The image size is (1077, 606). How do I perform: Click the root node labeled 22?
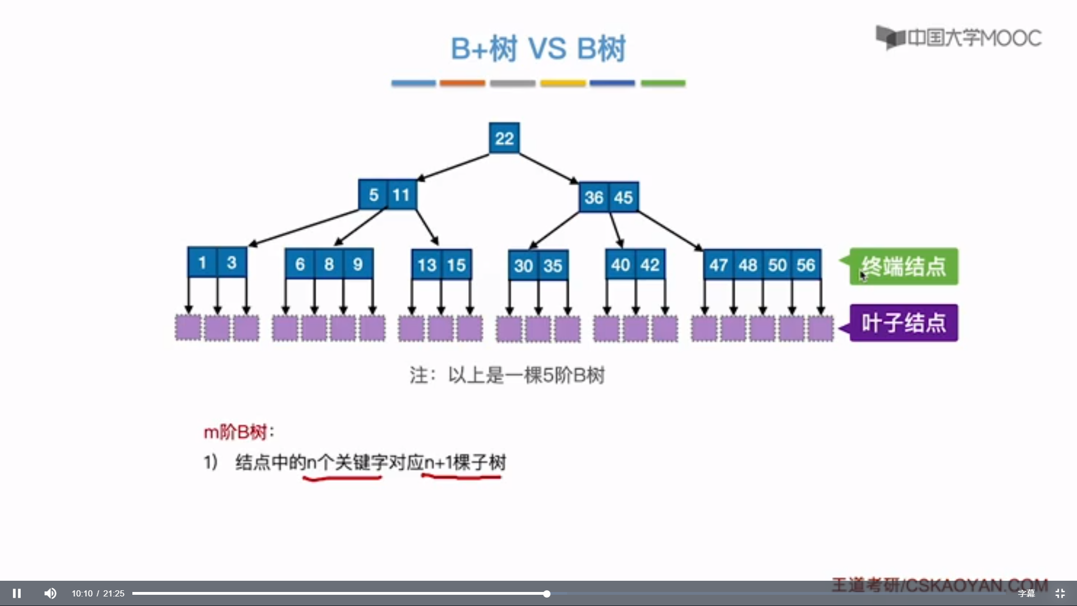tap(504, 138)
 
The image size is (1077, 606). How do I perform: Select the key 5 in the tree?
tap(374, 195)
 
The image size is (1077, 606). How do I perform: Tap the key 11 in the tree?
tap(401, 195)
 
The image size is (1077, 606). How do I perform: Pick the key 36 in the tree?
tap(593, 198)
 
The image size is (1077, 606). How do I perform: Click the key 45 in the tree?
tap(623, 198)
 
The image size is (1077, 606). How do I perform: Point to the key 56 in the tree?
tap(806, 265)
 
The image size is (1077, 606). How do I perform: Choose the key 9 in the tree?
tap(358, 264)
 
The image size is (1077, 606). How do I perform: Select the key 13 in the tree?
tap(427, 265)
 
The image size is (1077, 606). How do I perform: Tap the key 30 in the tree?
tap(523, 265)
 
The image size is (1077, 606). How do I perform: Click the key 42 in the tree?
tap(650, 265)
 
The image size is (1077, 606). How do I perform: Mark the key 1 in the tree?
tap(202, 263)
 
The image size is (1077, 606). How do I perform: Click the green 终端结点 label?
tap(904, 267)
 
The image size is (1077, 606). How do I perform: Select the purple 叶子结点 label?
tap(904, 323)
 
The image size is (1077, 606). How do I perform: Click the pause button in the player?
tap(17, 593)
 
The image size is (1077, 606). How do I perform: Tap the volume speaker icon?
tap(50, 593)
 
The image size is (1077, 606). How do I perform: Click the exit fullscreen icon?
tap(1060, 593)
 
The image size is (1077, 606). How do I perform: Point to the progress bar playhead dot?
tap(546, 594)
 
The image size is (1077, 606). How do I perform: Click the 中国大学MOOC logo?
tap(959, 38)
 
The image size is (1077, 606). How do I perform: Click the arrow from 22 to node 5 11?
tap(453, 167)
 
